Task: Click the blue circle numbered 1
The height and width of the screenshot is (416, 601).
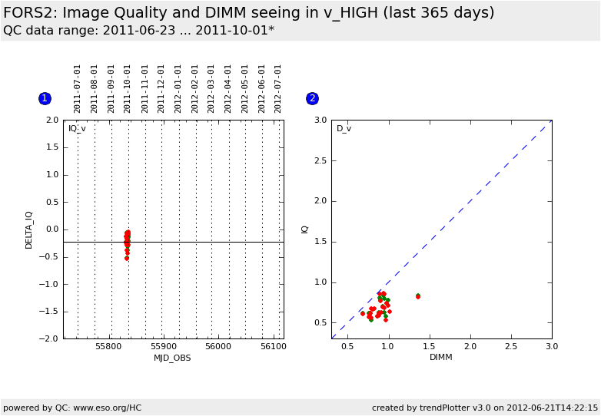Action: [45, 99]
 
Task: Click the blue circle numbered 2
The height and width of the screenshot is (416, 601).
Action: [312, 99]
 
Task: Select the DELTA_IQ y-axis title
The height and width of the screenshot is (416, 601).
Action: [28, 230]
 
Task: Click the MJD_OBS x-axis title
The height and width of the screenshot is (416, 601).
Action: [172, 358]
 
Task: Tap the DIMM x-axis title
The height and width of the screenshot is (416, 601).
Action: [441, 357]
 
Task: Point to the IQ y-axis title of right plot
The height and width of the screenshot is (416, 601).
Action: [304, 229]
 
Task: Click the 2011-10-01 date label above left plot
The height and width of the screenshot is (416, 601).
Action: [127, 89]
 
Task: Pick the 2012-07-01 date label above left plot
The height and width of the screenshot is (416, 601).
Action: [277, 89]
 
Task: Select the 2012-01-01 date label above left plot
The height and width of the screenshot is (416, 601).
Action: [177, 89]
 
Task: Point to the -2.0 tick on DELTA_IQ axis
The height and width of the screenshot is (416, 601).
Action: [49, 338]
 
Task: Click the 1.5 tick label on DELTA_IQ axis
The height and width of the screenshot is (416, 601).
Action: [52, 147]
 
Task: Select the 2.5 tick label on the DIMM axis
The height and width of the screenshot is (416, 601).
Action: [511, 346]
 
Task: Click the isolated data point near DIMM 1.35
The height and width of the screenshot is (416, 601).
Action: [418, 296]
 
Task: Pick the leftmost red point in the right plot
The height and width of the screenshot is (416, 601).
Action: [363, 313]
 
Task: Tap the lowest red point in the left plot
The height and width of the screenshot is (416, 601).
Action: [127, 259]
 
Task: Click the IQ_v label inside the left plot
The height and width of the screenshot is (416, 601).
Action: [77, 129]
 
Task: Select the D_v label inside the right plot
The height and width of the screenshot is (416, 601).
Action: [344, 129]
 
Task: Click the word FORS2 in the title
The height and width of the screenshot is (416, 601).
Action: [29, 13]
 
